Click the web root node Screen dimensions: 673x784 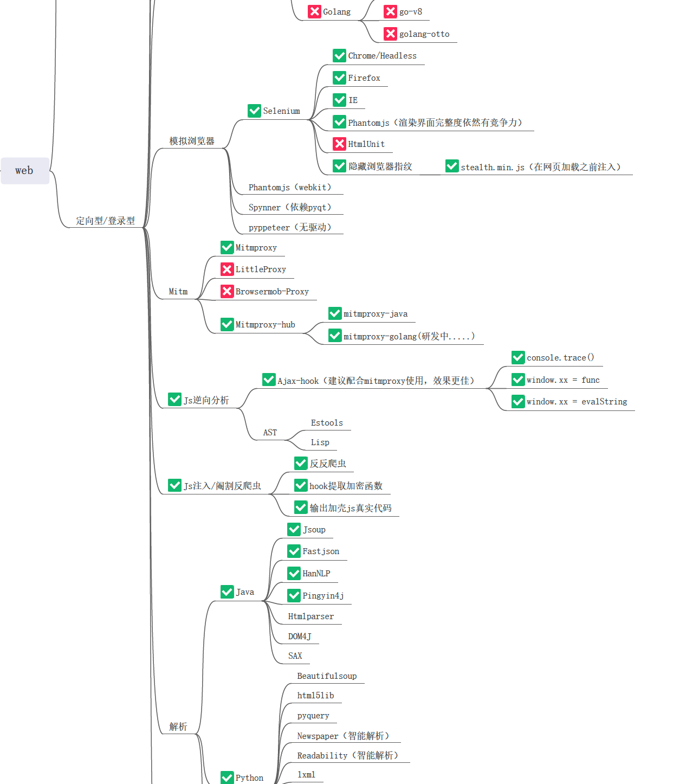(24, 171)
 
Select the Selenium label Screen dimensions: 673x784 (281, 111)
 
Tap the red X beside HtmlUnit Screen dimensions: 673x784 (339, 144)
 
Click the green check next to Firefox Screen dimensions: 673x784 (339, 78)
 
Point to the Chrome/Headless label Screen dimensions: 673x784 (382, 56)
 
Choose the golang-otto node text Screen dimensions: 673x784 (424, 34)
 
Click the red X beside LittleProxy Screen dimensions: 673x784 (227, 269)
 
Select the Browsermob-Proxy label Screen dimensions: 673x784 (272, 292)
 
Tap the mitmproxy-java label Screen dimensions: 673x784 (376, 314)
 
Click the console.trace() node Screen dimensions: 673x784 (560, 358)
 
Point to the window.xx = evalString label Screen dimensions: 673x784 (577, 402)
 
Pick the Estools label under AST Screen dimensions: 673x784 (327, 423)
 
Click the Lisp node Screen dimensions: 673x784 (320, 442)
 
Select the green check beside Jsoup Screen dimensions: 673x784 (294, 530)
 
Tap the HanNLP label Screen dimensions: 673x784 (316, 574)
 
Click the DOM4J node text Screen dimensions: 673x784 (300, 637)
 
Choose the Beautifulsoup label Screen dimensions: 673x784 (327, 676)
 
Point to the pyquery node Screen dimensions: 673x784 (313, 716)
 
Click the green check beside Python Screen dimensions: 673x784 (227, 777)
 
